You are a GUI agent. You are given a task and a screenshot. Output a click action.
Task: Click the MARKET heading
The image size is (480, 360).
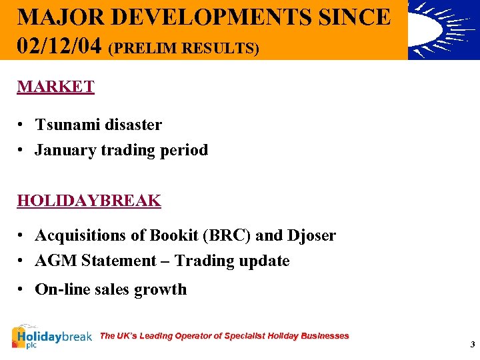55,87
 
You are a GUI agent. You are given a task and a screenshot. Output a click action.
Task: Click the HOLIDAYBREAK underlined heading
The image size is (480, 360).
89,201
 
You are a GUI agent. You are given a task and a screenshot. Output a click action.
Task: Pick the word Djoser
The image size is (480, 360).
311,235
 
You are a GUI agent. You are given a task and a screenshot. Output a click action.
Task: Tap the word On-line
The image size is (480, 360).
61,289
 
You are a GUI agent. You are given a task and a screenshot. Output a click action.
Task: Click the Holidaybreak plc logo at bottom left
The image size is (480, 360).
51,337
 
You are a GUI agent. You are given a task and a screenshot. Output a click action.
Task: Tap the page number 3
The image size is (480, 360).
472,345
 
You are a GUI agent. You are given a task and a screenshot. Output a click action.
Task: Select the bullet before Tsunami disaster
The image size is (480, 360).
22,125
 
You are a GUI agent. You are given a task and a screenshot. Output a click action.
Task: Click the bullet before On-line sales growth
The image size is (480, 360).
22,290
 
